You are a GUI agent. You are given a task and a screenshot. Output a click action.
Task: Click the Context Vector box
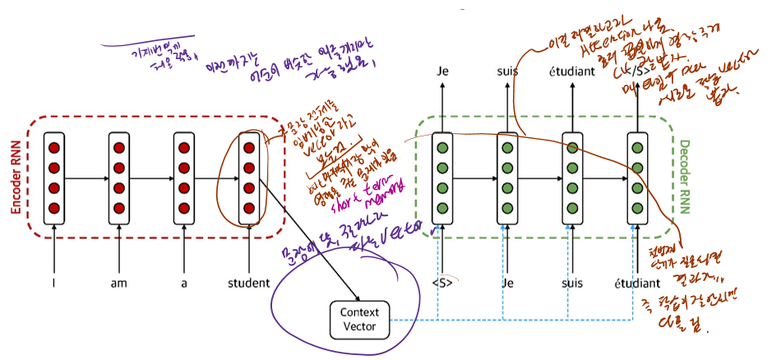(360, 320)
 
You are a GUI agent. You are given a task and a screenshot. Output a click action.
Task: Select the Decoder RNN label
(685, 177)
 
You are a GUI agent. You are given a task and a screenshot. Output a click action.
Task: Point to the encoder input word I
(55, 284)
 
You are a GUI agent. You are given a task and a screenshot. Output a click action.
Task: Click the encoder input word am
(119, 284)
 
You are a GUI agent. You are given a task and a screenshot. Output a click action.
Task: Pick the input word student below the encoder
(248, 284)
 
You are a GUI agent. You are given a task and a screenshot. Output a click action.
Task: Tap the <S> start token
(443, 284)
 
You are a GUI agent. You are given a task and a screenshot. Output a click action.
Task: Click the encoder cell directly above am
(119, 178)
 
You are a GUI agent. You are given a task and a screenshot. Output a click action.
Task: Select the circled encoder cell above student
(248, 178)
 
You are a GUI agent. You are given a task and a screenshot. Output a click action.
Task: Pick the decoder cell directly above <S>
(443, 178)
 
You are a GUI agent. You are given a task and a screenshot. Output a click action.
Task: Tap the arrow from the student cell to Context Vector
(308, 242)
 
